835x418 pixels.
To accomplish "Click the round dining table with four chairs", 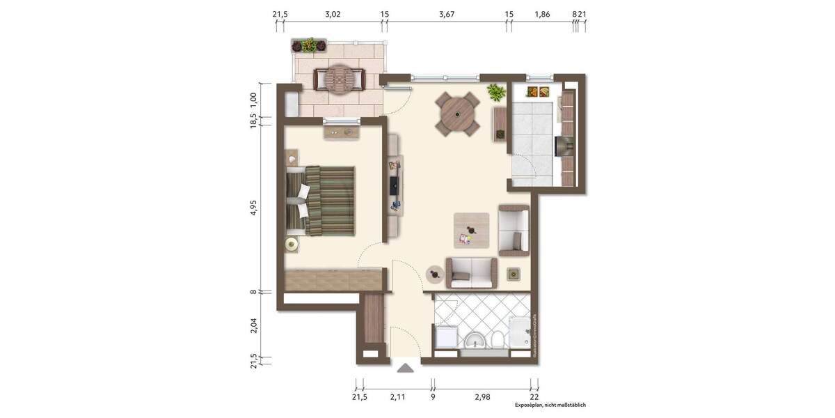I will [457, 114].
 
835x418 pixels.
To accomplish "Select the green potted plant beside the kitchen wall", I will [496, 92].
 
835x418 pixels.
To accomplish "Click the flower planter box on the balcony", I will [309, 46].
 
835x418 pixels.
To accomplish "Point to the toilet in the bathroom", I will [497, 341].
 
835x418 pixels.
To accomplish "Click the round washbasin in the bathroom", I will [476, 341].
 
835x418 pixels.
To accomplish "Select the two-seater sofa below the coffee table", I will [471, 272].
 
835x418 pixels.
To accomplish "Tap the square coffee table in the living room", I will [471, 231].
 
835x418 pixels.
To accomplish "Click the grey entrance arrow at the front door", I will [406, 367].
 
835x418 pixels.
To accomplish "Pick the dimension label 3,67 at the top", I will [447, 14].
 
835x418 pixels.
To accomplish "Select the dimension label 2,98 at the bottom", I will [482, 397].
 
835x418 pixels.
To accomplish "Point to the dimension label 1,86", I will [542, 14].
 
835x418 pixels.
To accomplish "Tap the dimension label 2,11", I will [397, 397].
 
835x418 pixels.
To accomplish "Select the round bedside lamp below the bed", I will [292, 244].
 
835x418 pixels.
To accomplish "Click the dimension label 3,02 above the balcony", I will [333, 14].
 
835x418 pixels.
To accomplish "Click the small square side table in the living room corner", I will [514, 274].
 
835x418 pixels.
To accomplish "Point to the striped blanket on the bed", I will [330, 200].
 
